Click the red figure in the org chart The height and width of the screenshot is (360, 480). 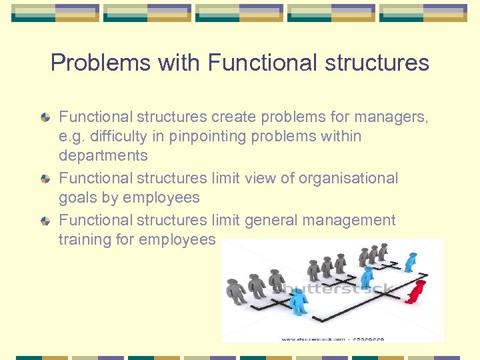tap(417, 291)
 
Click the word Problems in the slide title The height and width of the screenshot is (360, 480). tap(101, 63)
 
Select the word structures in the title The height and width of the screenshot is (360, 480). tap(379, 63)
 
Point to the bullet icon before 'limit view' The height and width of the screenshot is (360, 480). tap(45, 179)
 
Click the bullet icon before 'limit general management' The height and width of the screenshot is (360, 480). tap(45, 221)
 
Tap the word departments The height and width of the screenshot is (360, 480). tap(103, 156)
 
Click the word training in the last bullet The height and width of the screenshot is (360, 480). tap(85, 239)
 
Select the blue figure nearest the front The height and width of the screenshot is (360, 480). tap(298, 301)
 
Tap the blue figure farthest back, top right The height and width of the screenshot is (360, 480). tap(411, 261)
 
